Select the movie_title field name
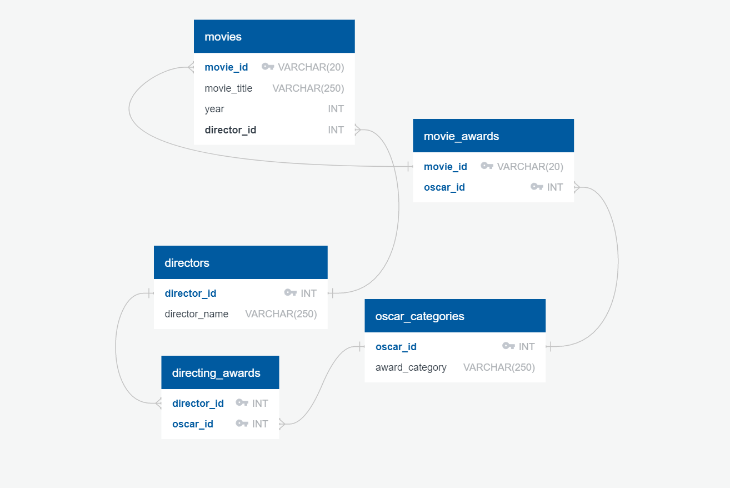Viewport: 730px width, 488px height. (x=228, y=88)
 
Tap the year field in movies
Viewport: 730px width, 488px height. (x=214, y=109)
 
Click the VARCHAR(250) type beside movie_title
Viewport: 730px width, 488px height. (x=308, y=88)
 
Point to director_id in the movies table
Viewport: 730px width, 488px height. (x=230, y=130)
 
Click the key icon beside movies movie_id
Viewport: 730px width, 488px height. (x=268, y=67)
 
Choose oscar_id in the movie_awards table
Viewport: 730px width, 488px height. (x=444, y=187)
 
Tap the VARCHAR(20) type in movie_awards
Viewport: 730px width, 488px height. (x=530, y=167)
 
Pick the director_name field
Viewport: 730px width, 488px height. (x=196, y=314)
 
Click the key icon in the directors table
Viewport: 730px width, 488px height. (x=290, y=293)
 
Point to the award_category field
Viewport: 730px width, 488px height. (x=411, y=367)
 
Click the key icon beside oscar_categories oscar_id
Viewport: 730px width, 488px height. (x=508, y=347)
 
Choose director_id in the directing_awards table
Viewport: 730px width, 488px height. (x=198, y=404)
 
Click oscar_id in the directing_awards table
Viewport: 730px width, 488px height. (x=192, y=424)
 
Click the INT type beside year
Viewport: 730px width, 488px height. (x=336, y=109)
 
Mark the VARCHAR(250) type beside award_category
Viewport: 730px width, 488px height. (x=499, y=367)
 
